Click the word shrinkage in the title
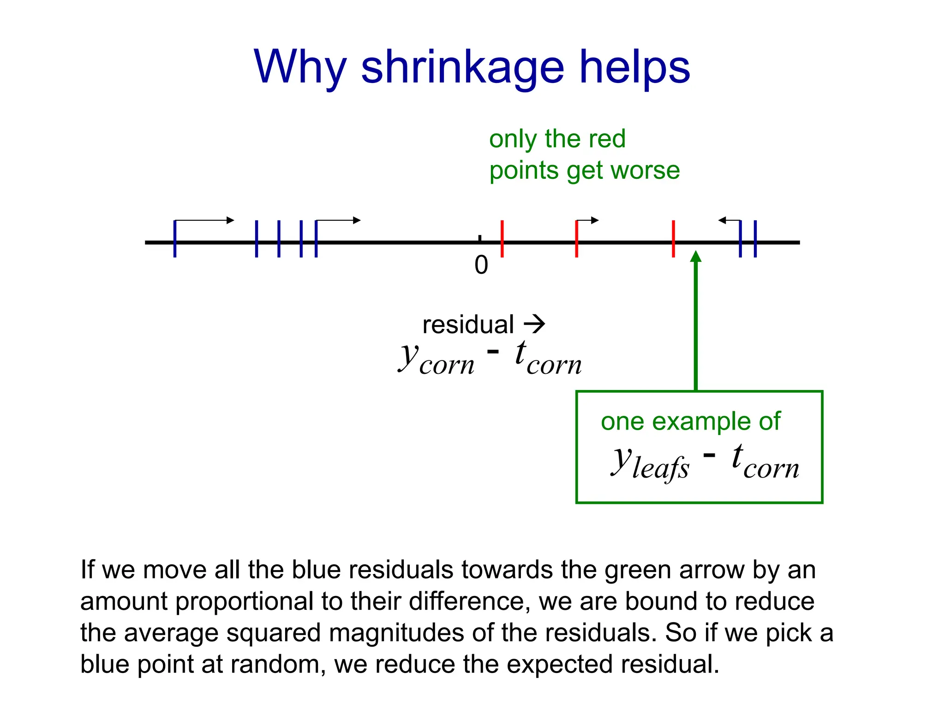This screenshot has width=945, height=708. (462, 69)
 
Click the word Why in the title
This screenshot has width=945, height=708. (299, 69)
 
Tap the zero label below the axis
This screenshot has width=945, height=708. (481, 265)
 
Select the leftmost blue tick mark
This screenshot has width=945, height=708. (175, 239)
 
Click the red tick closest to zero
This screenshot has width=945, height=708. (502, 239)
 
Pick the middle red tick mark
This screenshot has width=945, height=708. (576, 239)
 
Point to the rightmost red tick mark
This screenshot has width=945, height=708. (673, 239)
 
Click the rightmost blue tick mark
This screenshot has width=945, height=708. (755, 239)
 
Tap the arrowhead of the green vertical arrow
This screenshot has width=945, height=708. (696, 256)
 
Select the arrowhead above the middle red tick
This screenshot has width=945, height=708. (595, 220)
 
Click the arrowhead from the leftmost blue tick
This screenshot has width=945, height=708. (231, 220)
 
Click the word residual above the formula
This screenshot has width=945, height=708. (468, 325)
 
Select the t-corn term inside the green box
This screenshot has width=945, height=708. (765, 462)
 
